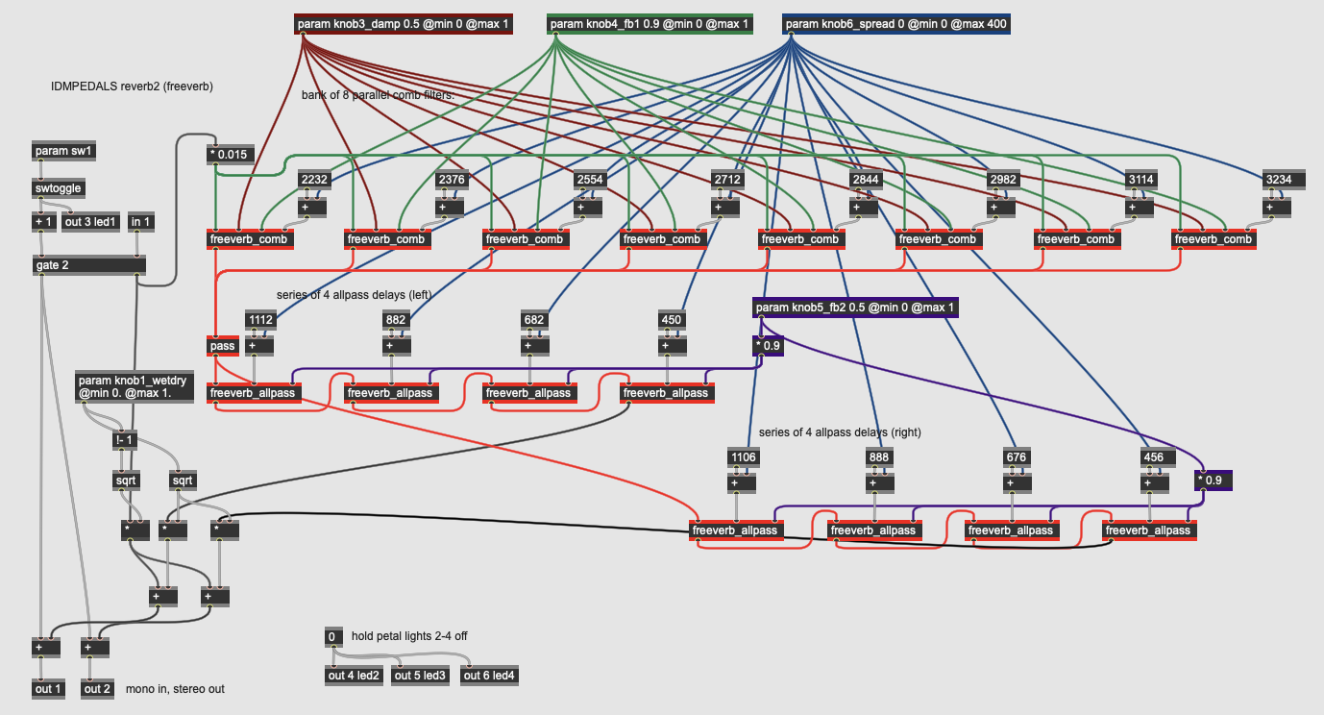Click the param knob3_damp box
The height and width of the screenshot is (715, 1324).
pos(404,24)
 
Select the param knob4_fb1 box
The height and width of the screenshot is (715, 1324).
pos(650,24)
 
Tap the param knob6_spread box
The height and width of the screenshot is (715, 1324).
pos(896,24)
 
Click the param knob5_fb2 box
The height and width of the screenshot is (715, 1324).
pos(856,308)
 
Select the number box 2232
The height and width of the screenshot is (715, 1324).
pos(314,179)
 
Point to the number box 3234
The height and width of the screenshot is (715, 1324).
pos(1279,179)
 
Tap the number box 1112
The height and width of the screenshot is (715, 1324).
pos(260,319)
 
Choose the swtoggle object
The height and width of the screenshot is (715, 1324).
pos(58,188)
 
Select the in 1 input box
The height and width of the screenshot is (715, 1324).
pos(141,222)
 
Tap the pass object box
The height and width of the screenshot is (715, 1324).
pos(221,345)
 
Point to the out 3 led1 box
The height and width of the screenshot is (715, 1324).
pos(89,222)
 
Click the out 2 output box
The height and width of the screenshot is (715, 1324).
pos(96,688)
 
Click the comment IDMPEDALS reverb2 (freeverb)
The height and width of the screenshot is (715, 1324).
pos(132,86)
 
